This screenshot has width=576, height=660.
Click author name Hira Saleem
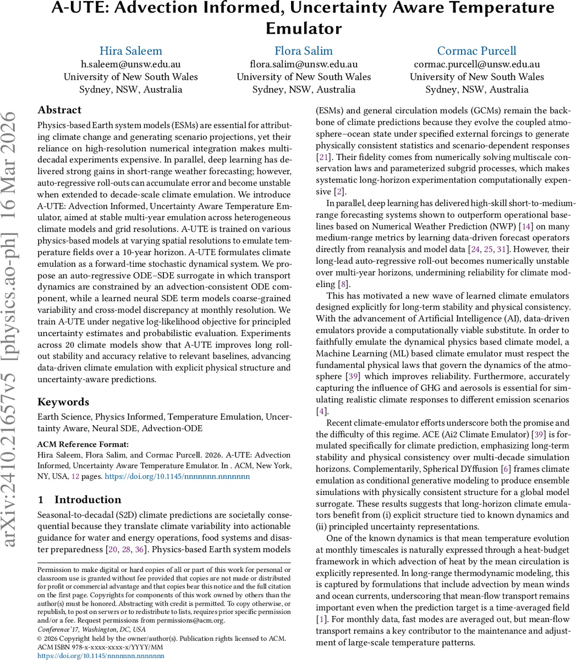pyautogui.click(x=130, y=51)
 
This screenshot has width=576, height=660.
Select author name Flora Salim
pyautogui.click(x=304, y=51)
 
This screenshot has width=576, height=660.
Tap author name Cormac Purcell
pyautogui.click(x=476, y=51)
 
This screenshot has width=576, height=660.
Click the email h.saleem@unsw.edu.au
pyautogui.click(x=130, y=64)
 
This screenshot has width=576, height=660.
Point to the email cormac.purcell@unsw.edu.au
pyautogui.click(x=476, y=64)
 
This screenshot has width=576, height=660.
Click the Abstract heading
pyautogui.click(x=59, y=110)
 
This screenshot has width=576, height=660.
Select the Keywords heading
pyautogui.click(x=63, y=402)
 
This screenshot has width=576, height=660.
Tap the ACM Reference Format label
pyautogui.click(x=83, y=444)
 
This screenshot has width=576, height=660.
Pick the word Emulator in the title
pyautogui.click(x=304, y=28)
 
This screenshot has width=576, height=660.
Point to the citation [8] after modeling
pyautogui.click(x=344, y=284)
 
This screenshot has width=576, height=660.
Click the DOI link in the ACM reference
pyautogui.click(x=177, y=476)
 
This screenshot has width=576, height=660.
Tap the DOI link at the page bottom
pyautogui.click(x=101, y=656)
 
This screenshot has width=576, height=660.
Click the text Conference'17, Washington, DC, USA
pyautogui.click(x=91, y=629)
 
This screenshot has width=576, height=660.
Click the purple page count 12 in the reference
pyautogui.click(x=76, y=476)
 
